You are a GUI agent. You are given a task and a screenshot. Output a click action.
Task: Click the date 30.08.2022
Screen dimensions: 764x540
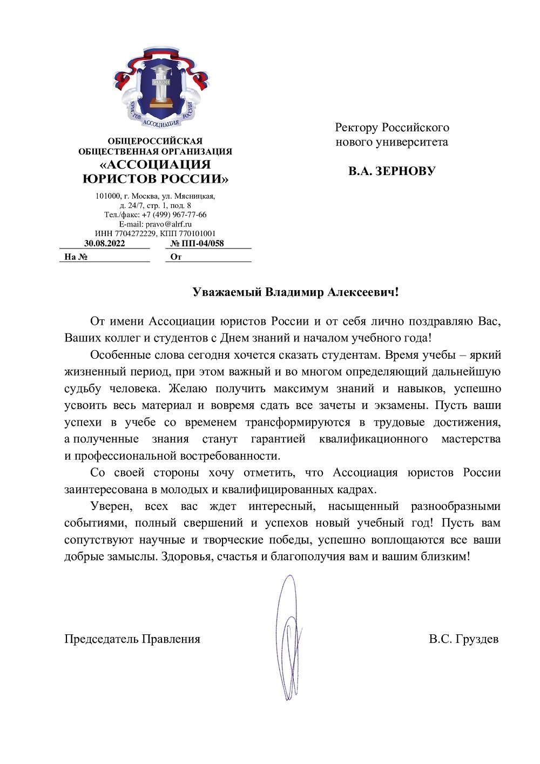tap(104, 243)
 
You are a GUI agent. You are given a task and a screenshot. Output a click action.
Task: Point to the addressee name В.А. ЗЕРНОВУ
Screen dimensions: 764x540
tap(391, 171)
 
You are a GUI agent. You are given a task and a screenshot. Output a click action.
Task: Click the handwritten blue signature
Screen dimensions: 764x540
tap(287, 638)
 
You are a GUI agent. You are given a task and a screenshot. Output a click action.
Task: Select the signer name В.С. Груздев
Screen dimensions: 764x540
tap(463, 639)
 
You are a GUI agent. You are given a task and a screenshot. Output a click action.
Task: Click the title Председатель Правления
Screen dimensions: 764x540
tap(132, 639)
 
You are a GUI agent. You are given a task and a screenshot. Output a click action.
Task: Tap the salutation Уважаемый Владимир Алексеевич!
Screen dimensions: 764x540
tap(296, 292)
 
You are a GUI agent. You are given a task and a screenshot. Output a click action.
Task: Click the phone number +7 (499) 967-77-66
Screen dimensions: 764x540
tap(171, 215)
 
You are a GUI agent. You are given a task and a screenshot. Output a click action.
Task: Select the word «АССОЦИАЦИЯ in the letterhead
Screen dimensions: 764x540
tap(155, 164)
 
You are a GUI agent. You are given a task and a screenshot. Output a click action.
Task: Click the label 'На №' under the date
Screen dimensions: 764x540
tap(76, 257)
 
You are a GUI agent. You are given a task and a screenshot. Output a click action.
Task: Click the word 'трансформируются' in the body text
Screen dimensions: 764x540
tap(298, 423)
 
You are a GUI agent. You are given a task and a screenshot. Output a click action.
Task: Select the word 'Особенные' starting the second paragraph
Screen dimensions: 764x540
tap(118, 355)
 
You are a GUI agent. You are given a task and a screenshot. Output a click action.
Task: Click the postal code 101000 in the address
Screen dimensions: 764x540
tap(107, 196)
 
